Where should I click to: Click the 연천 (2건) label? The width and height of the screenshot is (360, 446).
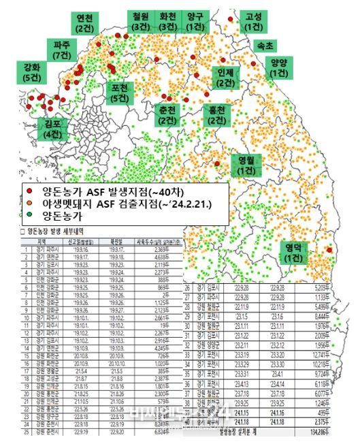click(x=86, y=24)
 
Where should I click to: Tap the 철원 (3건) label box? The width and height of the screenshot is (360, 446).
click(x=141, y=21)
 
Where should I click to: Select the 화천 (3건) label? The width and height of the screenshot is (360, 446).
click(x=167, y=21)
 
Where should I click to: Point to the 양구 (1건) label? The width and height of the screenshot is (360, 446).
click(x=195, y=21)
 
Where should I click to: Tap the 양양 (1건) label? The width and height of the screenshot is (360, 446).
click(x=278, y=67)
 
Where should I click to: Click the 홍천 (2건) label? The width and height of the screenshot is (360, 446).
click(x=217, y=114)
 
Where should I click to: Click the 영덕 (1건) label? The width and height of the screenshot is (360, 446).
click(x=294, y=252)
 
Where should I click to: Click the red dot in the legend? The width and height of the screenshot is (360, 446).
click(x=31, y=191)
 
